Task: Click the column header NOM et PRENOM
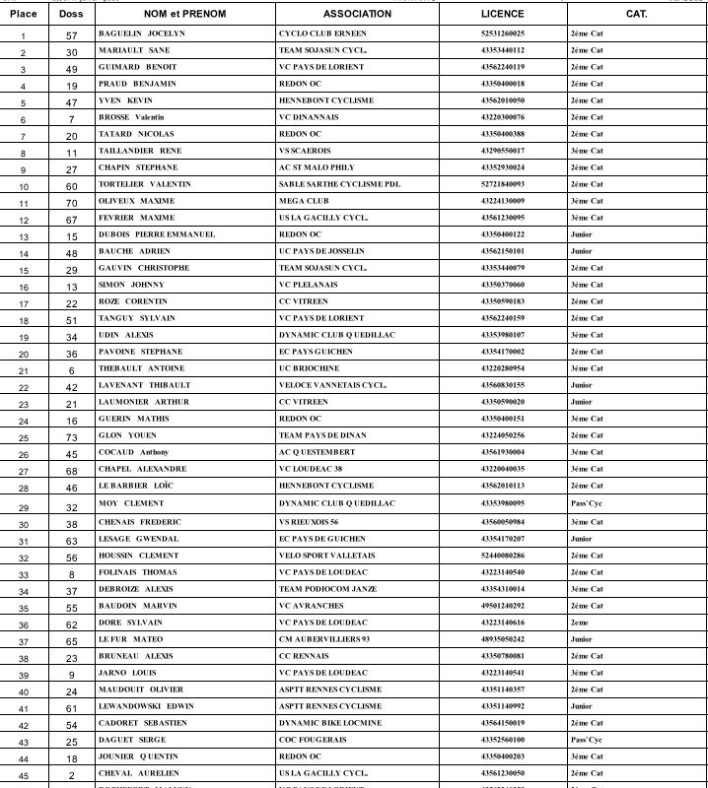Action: tap(184, 14)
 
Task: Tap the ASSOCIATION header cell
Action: tap(357, 14)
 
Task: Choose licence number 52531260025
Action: tap(502, 33)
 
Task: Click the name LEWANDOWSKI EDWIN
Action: tap(145, 706)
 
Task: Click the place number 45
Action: tap(24, 774)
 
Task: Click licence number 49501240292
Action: tap(502, 606)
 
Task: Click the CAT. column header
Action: tap(636, 14)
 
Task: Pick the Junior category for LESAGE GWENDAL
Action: tap(581, 539)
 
